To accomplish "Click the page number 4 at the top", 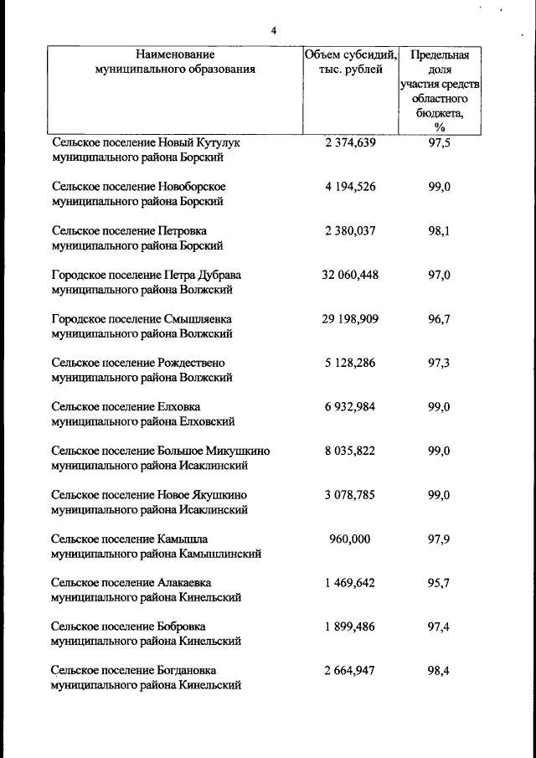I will point(273,31).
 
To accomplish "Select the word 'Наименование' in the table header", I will point(175,54).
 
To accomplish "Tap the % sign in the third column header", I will point(440,126).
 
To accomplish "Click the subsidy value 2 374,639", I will point(350,142).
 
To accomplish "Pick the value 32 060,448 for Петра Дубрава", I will point(350,275).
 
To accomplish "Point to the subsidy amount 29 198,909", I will point(350,319).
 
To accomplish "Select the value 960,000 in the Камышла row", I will point(350,539).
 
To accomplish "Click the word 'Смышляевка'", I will point(195,319).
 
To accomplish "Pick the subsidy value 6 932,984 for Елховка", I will point(350,407).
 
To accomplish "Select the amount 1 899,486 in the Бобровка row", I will point(350,627).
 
